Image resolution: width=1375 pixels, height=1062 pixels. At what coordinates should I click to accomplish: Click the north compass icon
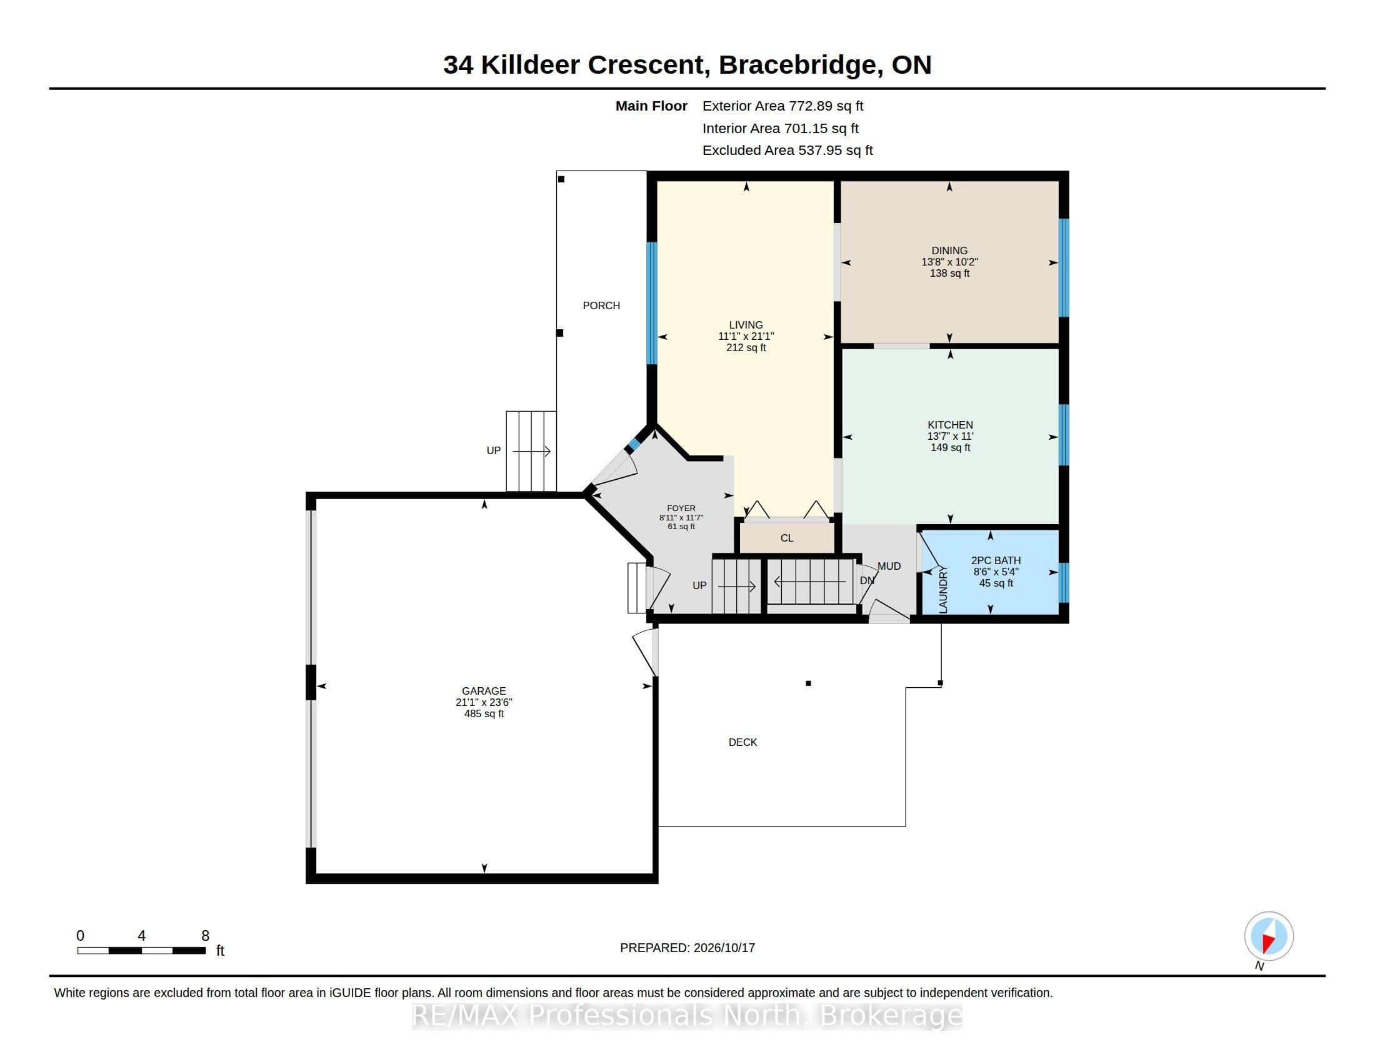coord(1269,936)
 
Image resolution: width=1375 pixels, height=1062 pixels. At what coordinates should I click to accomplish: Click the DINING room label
coord(949,251)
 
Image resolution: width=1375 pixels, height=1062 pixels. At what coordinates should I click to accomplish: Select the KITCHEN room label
coord(950,425)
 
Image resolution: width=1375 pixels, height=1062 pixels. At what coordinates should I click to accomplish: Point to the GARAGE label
coord(484,691)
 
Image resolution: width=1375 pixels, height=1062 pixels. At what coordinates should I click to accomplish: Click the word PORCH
coord(601,305)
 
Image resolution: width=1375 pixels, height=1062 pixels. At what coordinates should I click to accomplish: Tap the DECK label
coord(743,742)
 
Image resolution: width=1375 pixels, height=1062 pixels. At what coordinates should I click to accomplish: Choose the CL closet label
coord(787,538)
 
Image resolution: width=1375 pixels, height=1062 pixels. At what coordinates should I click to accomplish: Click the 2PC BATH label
coord(996,560)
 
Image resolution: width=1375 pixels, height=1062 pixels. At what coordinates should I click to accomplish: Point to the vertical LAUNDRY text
coord(943,590)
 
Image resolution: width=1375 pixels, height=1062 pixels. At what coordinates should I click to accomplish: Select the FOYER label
coord(681,509)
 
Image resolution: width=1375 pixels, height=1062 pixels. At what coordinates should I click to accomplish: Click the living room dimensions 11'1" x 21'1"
coord(746,337)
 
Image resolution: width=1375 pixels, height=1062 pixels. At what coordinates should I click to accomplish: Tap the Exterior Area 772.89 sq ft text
coord(782,106)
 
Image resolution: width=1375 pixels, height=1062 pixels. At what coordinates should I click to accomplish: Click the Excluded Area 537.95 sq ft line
coord(787,151)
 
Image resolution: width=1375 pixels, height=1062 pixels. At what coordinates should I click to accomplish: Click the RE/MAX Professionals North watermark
coord(687,1015)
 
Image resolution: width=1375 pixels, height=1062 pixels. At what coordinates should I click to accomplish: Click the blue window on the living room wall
coord(652,303)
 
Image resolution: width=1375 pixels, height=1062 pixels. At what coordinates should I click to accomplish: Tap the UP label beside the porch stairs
coord(494,450)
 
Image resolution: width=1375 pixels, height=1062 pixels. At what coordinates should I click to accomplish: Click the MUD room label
coord(889,566)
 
